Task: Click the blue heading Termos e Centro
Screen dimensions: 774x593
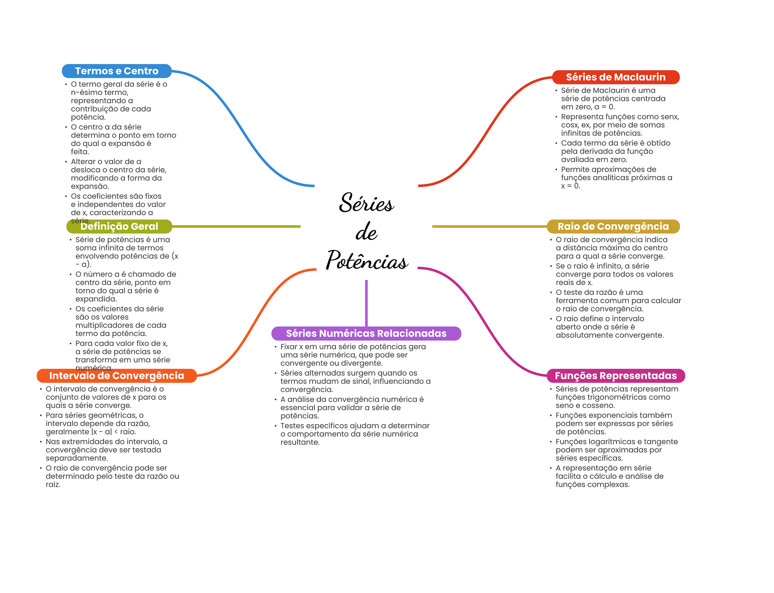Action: pos(116,71)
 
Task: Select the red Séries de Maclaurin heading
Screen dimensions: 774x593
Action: pos(615,77)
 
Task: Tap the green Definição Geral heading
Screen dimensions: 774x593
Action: pos(119,226)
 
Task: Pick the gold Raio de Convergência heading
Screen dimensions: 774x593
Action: pos(613,226)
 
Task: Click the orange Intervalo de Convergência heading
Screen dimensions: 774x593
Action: pos(116,376)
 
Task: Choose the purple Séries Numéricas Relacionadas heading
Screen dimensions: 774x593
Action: pos(366,333)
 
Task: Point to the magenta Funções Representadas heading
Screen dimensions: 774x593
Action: pos(615,376)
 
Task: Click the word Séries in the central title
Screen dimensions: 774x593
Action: pos(366,203)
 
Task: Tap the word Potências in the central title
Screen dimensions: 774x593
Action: pos(367,260)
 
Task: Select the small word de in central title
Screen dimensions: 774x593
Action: pos(366,232)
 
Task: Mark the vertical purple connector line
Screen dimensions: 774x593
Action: pos(366,302)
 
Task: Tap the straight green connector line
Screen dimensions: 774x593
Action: pos(236,226)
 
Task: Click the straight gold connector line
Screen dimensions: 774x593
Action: pos(489,226)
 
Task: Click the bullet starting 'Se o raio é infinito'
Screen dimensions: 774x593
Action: pos(614,274)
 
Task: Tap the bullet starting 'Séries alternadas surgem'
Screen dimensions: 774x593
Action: pos(355,381)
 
